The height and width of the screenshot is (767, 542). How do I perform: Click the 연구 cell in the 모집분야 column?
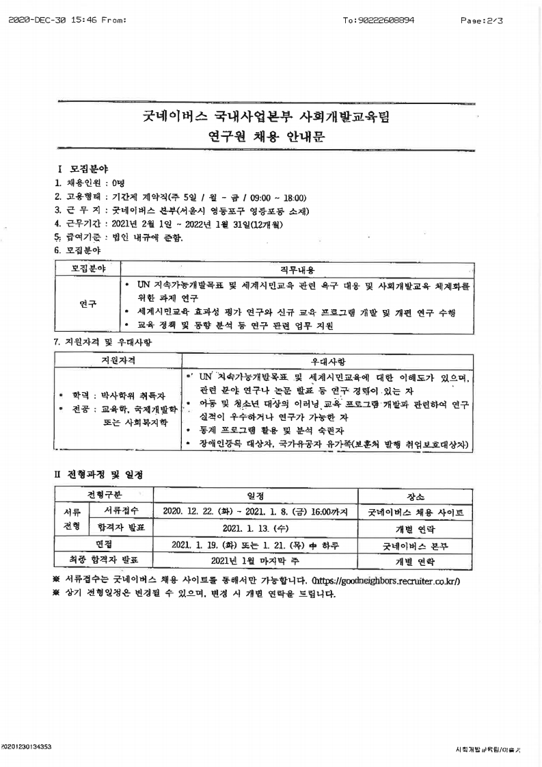[87, 304]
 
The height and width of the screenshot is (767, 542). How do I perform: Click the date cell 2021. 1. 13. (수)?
[255, 528]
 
